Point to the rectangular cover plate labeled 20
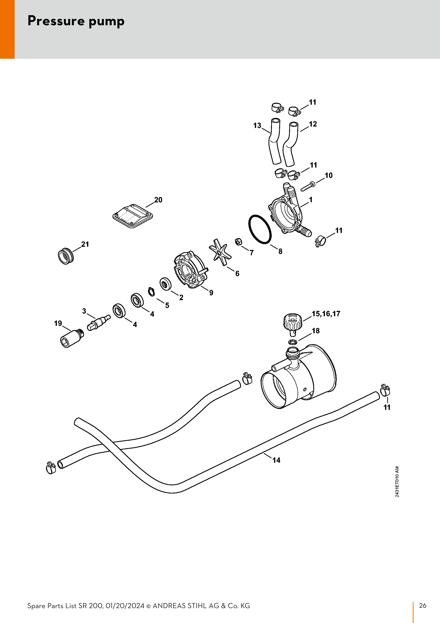133,216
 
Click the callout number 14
276,460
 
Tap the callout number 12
313,124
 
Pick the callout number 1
311,200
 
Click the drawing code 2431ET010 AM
397,482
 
